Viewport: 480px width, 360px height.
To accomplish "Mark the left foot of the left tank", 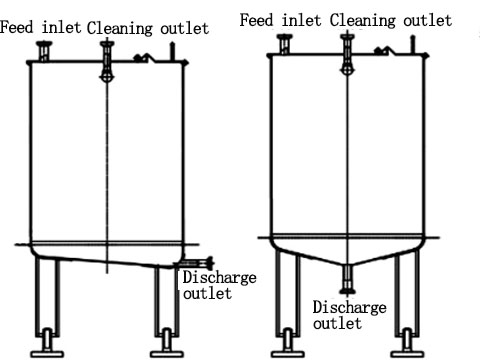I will [x=46, y=349].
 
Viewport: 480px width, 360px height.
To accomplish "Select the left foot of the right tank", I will [x=286, y=349].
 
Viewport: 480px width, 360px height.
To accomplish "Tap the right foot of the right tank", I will [x=408, y=349].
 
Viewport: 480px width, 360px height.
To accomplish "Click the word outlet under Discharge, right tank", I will [x=338, y=324].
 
